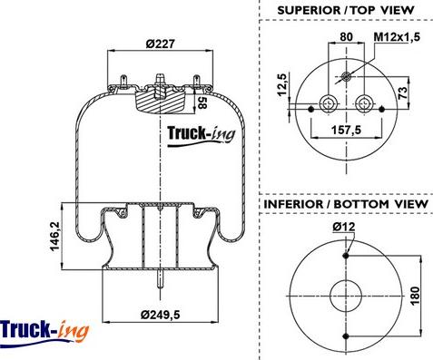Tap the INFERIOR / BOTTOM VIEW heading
point(345,205)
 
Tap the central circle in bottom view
point(346,295)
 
